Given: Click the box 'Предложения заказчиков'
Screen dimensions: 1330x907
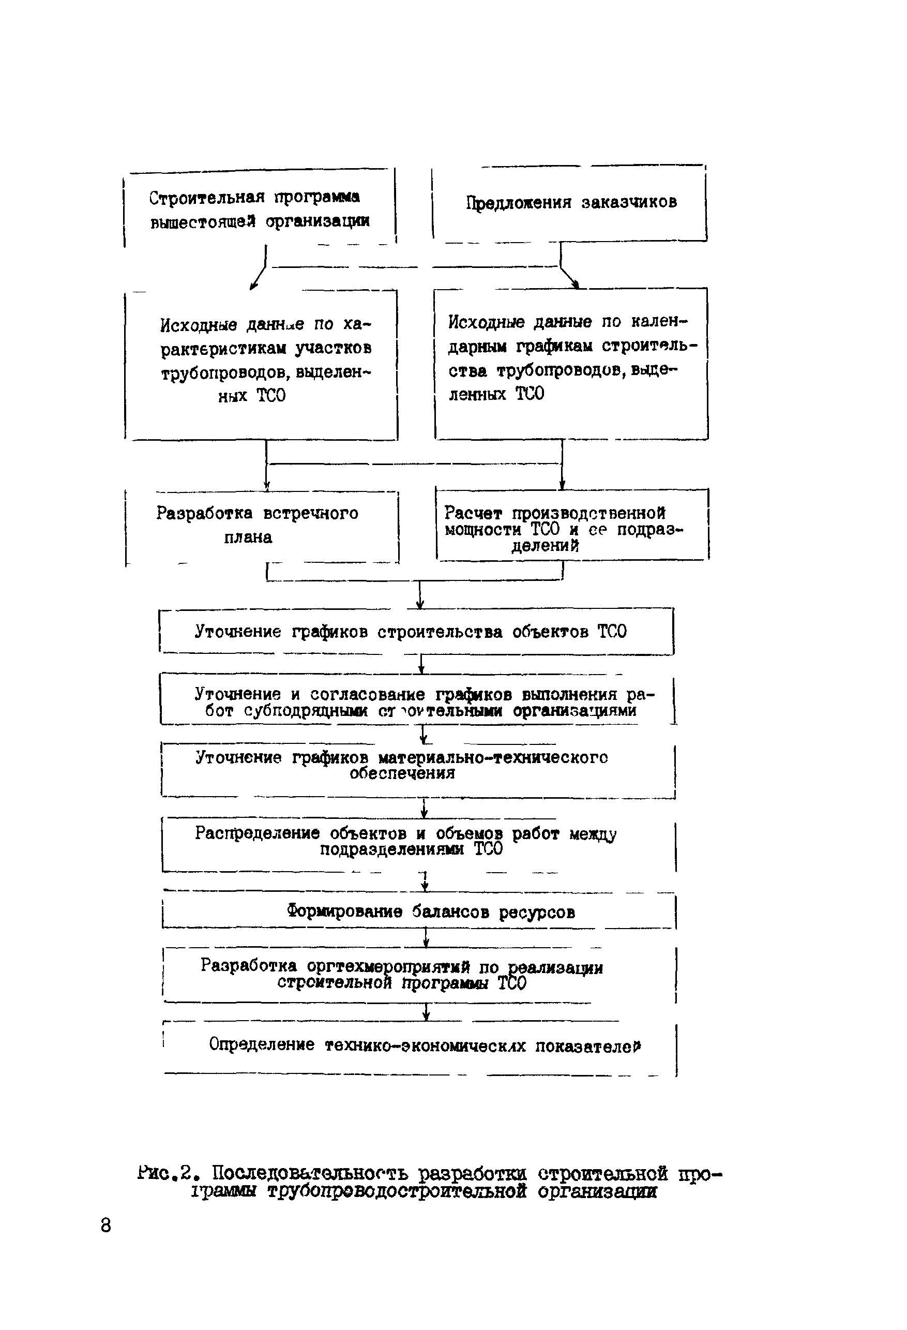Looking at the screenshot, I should click(570, 203).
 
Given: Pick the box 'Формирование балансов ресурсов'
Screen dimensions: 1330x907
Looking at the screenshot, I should click(419, 911).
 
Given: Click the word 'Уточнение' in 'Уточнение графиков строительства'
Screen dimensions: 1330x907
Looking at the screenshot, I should click(237, 631).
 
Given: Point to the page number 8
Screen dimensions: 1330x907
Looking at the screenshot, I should click(105, 1226).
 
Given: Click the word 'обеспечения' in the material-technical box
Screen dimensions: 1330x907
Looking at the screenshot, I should click(402, 773).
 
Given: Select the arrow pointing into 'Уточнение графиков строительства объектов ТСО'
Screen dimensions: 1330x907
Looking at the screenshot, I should click(420, 599).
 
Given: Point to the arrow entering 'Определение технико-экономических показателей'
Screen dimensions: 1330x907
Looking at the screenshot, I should click(426, 1013).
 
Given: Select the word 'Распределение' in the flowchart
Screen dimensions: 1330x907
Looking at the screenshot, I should click(256, 833).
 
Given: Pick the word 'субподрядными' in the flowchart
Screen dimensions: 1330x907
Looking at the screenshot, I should click(306, 711).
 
